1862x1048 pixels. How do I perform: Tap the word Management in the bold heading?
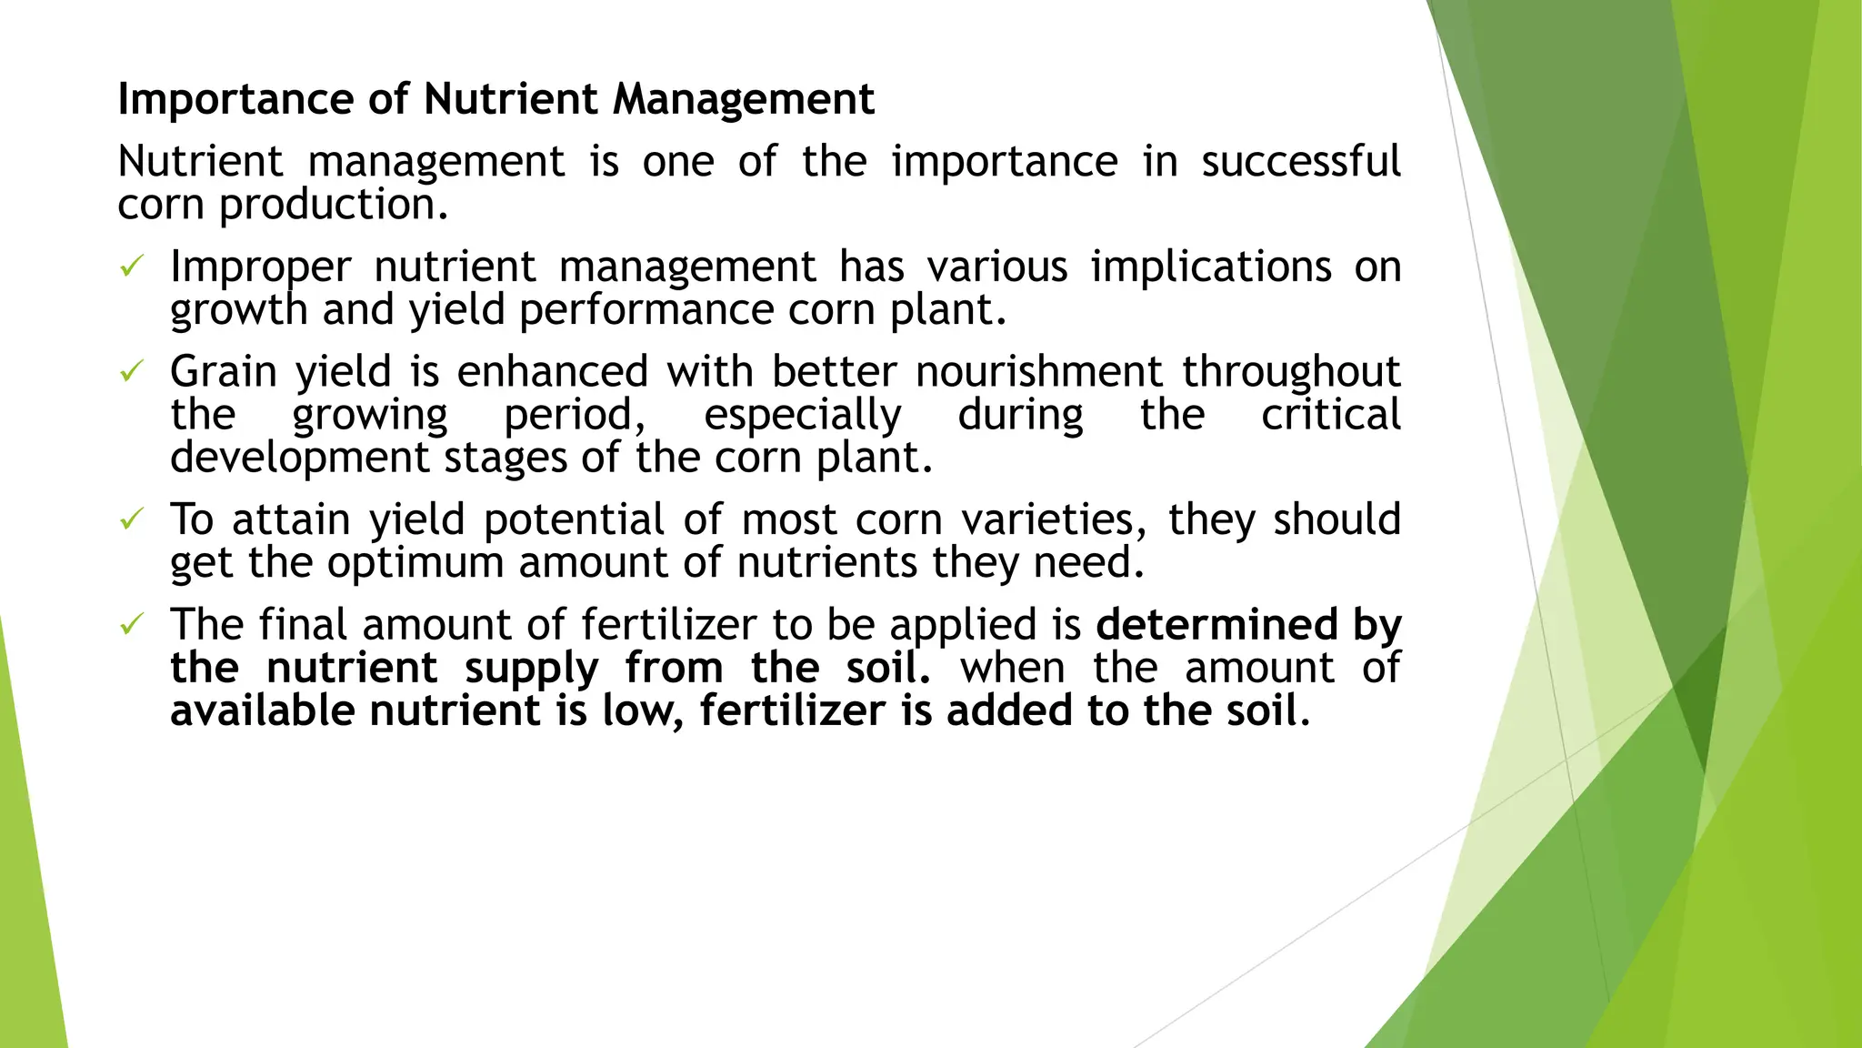point(743,99)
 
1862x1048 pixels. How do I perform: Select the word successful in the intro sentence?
point(1300,162)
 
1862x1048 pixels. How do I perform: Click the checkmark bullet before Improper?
point(132,267)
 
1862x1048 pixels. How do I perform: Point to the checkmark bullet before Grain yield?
point(132,371)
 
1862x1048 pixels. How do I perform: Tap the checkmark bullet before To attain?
point(132,519)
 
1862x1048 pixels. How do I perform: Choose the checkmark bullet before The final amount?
point(132,625)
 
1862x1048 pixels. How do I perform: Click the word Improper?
point(260,267)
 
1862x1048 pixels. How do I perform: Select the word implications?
point(1211,267)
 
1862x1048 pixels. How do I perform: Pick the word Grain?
point(223,372)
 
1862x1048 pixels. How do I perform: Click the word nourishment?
point(1038,372)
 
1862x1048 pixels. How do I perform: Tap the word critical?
point(1330,415)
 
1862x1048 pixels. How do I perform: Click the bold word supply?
point(531,668)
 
